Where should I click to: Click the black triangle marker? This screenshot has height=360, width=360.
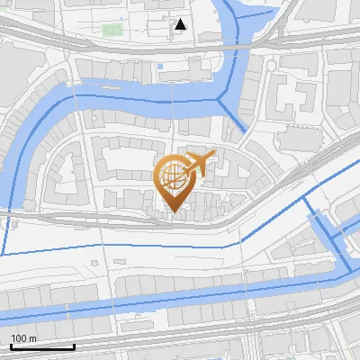[181, 25]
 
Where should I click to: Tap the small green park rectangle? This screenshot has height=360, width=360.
[112, 30]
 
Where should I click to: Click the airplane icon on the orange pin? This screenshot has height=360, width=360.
[199, 163]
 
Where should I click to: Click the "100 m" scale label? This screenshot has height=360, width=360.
[24, 337]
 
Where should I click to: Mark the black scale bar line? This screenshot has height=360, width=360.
[42, 346]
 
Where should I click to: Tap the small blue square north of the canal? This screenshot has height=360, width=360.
[160, 66]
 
